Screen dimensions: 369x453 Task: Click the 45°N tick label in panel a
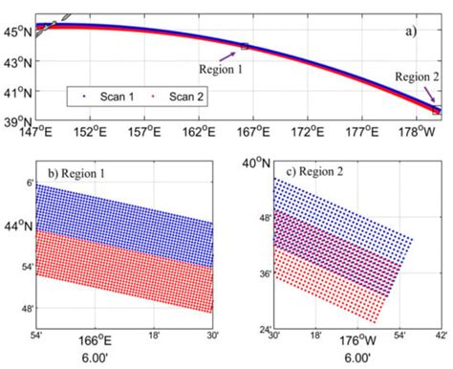18,31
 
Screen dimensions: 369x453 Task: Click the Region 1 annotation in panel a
221,69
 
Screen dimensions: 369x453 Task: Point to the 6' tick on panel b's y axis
29,181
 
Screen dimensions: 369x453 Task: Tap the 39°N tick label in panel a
18,121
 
